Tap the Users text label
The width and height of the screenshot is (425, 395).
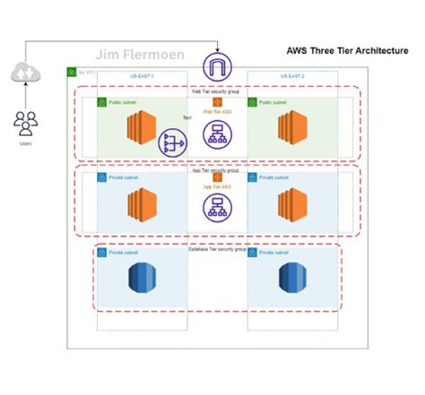coord(25,142)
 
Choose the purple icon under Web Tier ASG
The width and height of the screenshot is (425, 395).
coord(215,133)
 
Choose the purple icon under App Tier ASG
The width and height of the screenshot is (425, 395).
coord(215,209)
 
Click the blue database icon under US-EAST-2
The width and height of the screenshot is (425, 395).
coord(291,278)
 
